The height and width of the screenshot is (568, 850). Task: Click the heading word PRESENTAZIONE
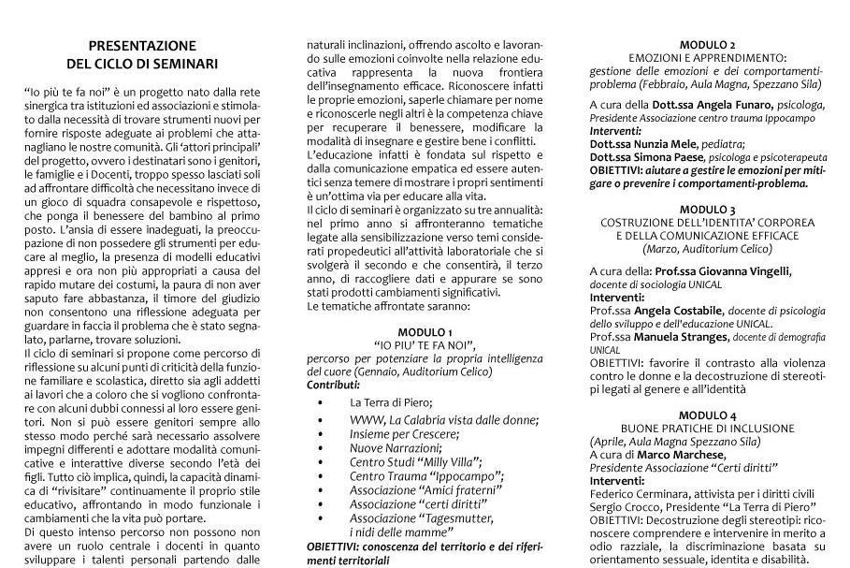pyautogui.click(x=142, y=45)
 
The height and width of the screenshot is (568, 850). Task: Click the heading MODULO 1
pyautogui.click(x=425, y=332)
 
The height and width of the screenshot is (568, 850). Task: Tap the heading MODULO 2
pyautogui.click(x=707, y=44)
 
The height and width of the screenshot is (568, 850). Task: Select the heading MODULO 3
pyautogui.click(x=707, y=210)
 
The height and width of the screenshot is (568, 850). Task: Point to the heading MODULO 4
pyautogui.click(x=707, y=415)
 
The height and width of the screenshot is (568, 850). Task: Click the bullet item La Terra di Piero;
pyautogui.click(x=391, y=401)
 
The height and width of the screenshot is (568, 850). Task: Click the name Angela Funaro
pyautogui.click(x=728, y=105)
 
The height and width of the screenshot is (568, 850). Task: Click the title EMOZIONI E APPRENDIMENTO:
pyautogui.click(x=707, y=57)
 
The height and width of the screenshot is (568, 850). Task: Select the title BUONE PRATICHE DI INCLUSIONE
pyautogui.click(x=707, y=428)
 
